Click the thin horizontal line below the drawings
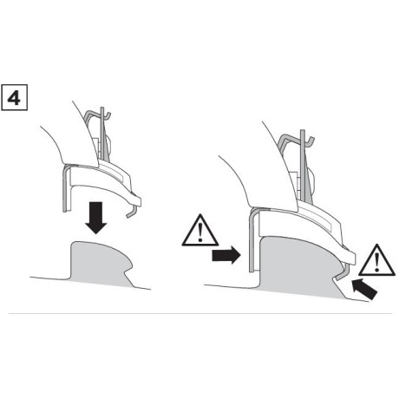[199, 312]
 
